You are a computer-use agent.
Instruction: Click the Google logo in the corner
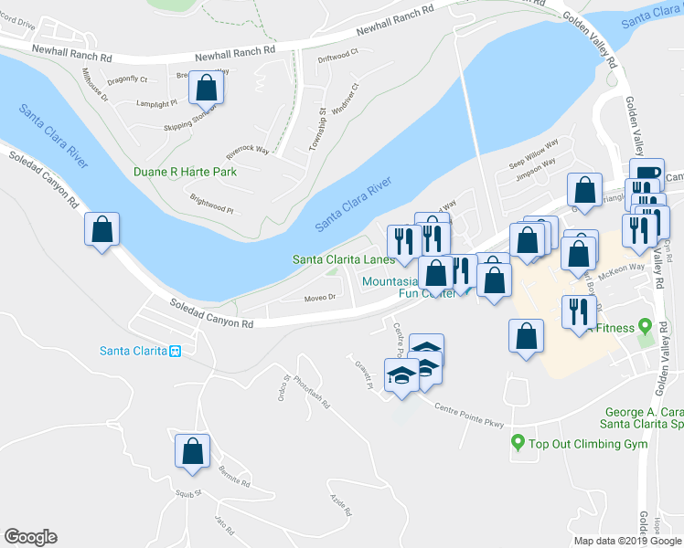click(x=30, y=536)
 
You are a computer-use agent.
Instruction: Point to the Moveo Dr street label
click(x=320, y=298)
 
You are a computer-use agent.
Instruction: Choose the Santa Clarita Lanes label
click(x=343, y=259)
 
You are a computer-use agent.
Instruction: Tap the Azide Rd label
click(x=338, y=502)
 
